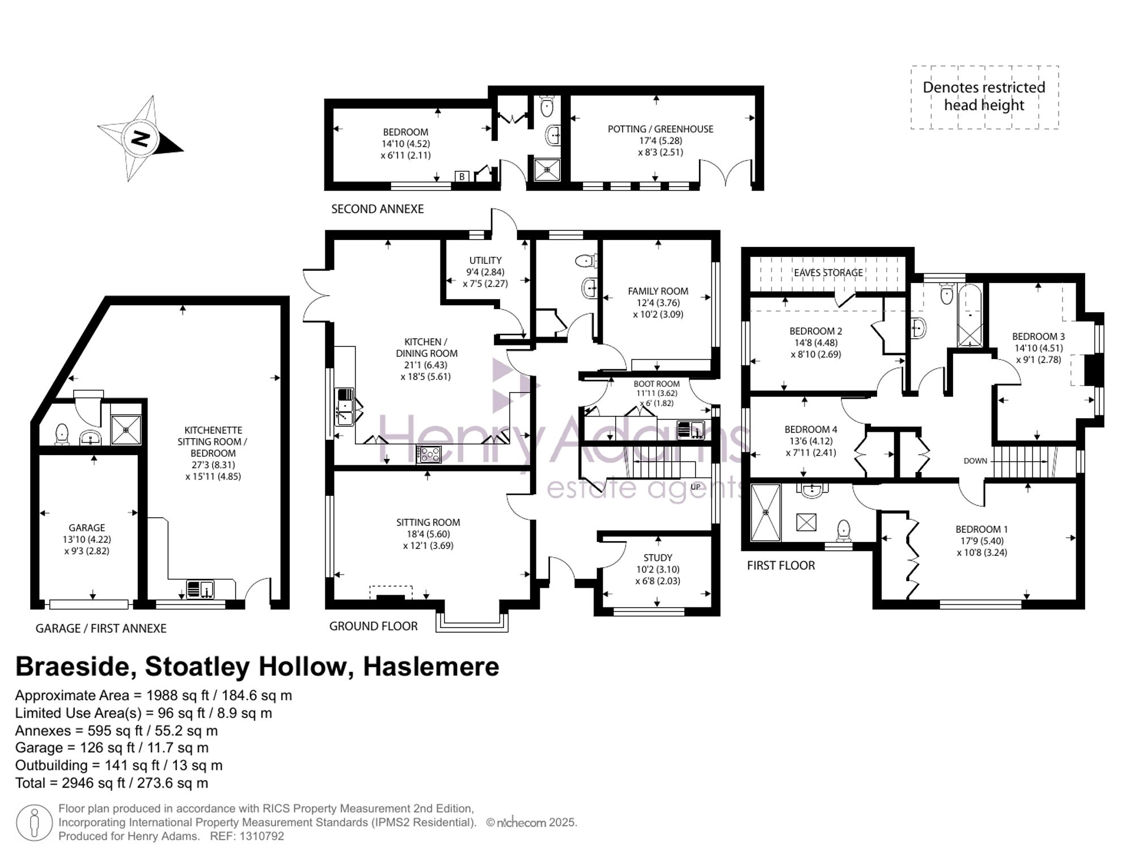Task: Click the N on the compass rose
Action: point(140,138)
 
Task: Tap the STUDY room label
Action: point(658,558)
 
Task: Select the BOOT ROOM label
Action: point(657,384)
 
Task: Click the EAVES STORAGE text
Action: point(828,273)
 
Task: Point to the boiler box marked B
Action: point(462,176)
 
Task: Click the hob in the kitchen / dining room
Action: point(429,454)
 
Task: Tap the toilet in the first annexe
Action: point(62,435)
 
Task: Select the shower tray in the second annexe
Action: point(547,169)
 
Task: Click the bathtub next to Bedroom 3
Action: point(970,315)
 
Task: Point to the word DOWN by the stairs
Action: point(975,461)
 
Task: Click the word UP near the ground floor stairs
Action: point(696,487)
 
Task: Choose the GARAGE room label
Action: point(87,528)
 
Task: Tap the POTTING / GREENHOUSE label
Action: point(661,129)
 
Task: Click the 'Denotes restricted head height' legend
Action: point(984,96)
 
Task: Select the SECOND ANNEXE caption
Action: point(378,209)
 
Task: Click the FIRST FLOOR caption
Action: point(781,565)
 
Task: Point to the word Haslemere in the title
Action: point(431,667)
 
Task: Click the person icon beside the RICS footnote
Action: point(34,822)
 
